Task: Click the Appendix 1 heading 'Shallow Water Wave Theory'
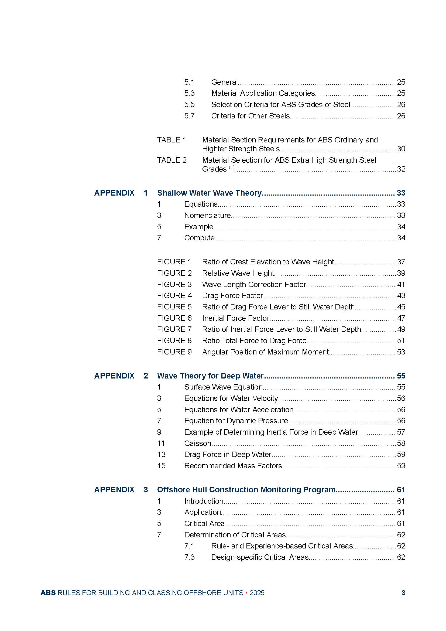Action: coord(209,193)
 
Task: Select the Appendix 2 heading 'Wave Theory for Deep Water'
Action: coord(210,376)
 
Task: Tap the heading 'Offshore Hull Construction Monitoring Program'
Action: coord(246,489)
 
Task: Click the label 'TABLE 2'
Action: coord(172,160)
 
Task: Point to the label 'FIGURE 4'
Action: coord(174,295)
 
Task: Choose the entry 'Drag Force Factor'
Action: coord(232,295)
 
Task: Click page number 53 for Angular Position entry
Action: coord(401,352)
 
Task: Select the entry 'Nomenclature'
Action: coord(207,216)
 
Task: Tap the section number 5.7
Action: coord(189,116)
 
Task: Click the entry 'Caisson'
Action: coord(198,443)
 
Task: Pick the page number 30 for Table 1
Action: coord(401,149)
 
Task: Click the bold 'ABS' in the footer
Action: coord(48,593)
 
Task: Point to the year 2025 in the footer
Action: coord(257,593)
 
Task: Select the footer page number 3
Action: coord(403,593)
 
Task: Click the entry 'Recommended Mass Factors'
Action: coord(233,466)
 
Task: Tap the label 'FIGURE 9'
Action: coord(174,352)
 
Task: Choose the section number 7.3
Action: coord(189,557)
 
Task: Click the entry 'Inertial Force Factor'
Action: coord(236,318)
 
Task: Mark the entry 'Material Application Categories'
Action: coord(263,93)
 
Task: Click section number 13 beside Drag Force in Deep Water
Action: coord(161,455)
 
